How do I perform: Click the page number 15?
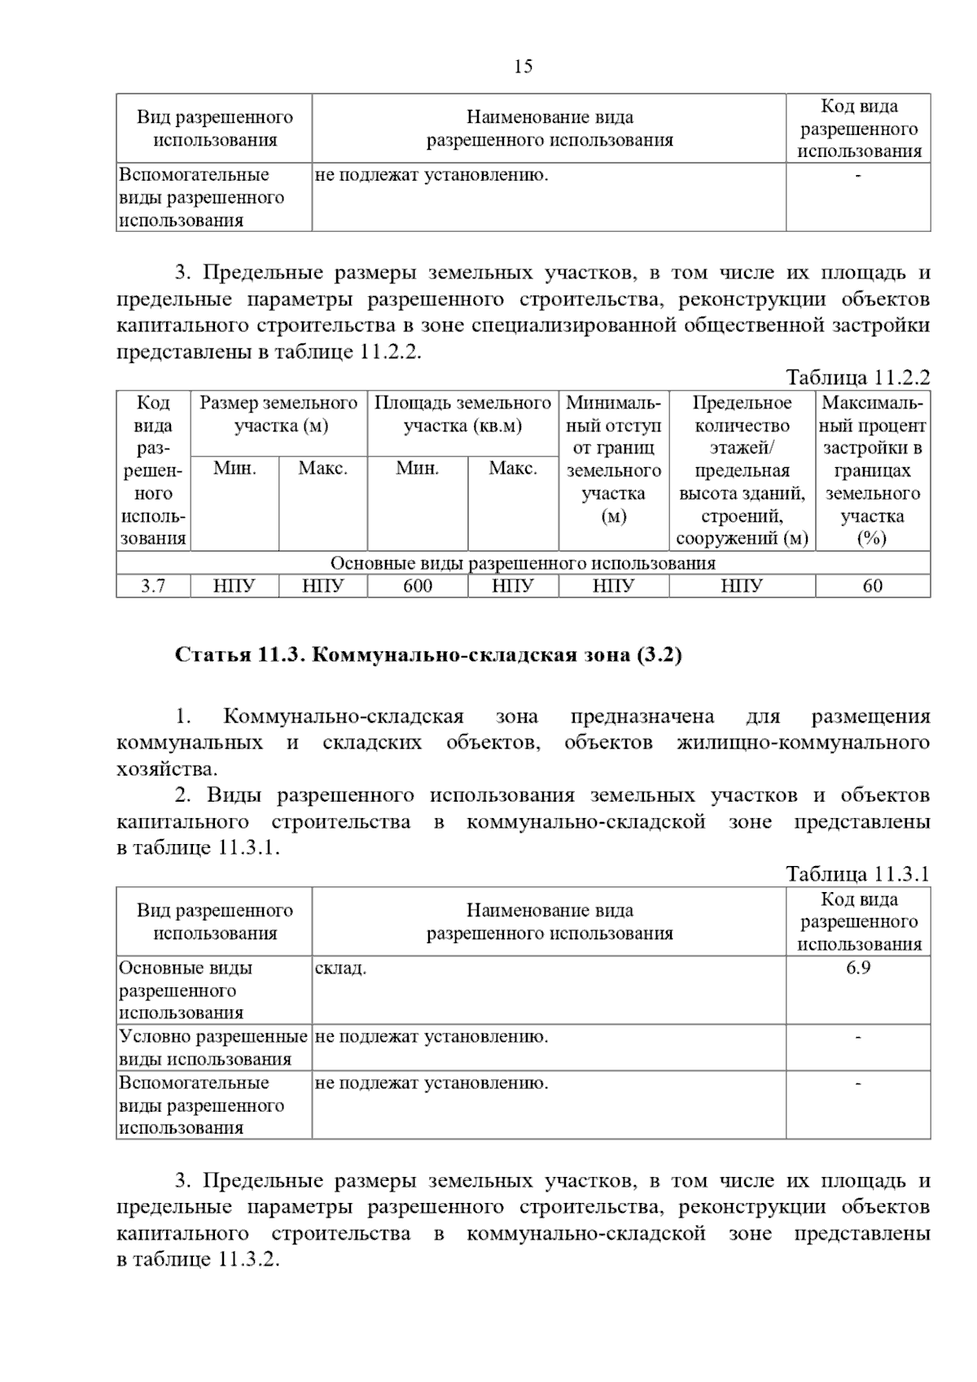(x=523, y=67)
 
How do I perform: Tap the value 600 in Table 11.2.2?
(x=418, y=586)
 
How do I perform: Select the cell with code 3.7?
(x=153, y=586)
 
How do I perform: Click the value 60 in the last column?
(x=872, y=586)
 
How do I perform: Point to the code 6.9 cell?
(x=858, y=968)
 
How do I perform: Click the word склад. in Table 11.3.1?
(x=340, y=968)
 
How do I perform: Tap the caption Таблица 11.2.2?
(x=857, y=378)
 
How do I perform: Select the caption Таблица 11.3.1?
(x=857, y=874)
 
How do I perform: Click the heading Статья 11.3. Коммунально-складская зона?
(x=428, y=655)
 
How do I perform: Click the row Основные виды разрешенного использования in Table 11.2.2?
(x=523, y=563)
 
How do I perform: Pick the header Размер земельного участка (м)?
(x=278, y=414)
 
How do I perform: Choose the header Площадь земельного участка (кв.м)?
(x=462, y=414)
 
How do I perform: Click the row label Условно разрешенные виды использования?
(x=213, y=1047)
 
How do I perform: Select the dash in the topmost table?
(x=858, y=175)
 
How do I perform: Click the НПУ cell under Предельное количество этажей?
(x=742, y=586)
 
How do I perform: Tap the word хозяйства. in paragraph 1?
(x=167, y=769)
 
